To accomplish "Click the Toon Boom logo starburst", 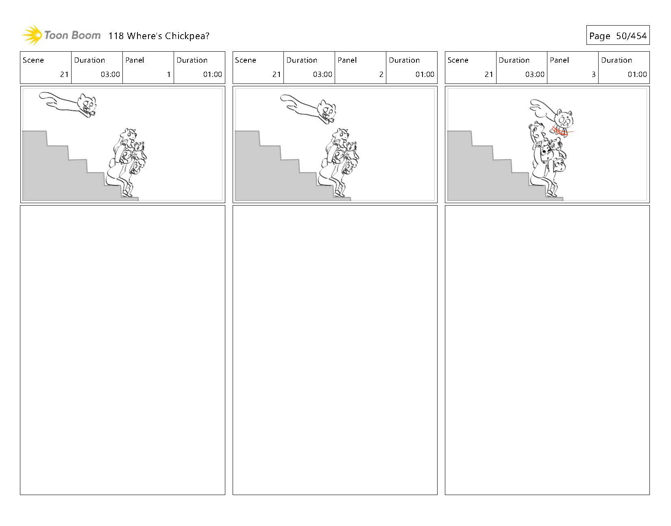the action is click(x=32, y=35).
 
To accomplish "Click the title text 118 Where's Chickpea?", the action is click(x=159, y=36).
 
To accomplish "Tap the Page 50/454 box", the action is click(x=618, y=35).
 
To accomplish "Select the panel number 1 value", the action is click(x=169, y=74).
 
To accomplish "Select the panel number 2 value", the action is click(x=381, y=74).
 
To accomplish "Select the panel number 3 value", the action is click(x=593, y=74).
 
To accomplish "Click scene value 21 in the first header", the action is click(x=64, y=74).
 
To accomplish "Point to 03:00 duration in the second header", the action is click(x=322, y=74).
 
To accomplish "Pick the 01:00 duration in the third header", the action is click(x=637, y=74).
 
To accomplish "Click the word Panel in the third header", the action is click(x=559, y=60).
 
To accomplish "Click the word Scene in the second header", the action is click(x=246, y=60).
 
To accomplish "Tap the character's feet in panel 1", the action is click(x=127, y=193).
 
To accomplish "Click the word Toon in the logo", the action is click(x=56, y=35).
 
